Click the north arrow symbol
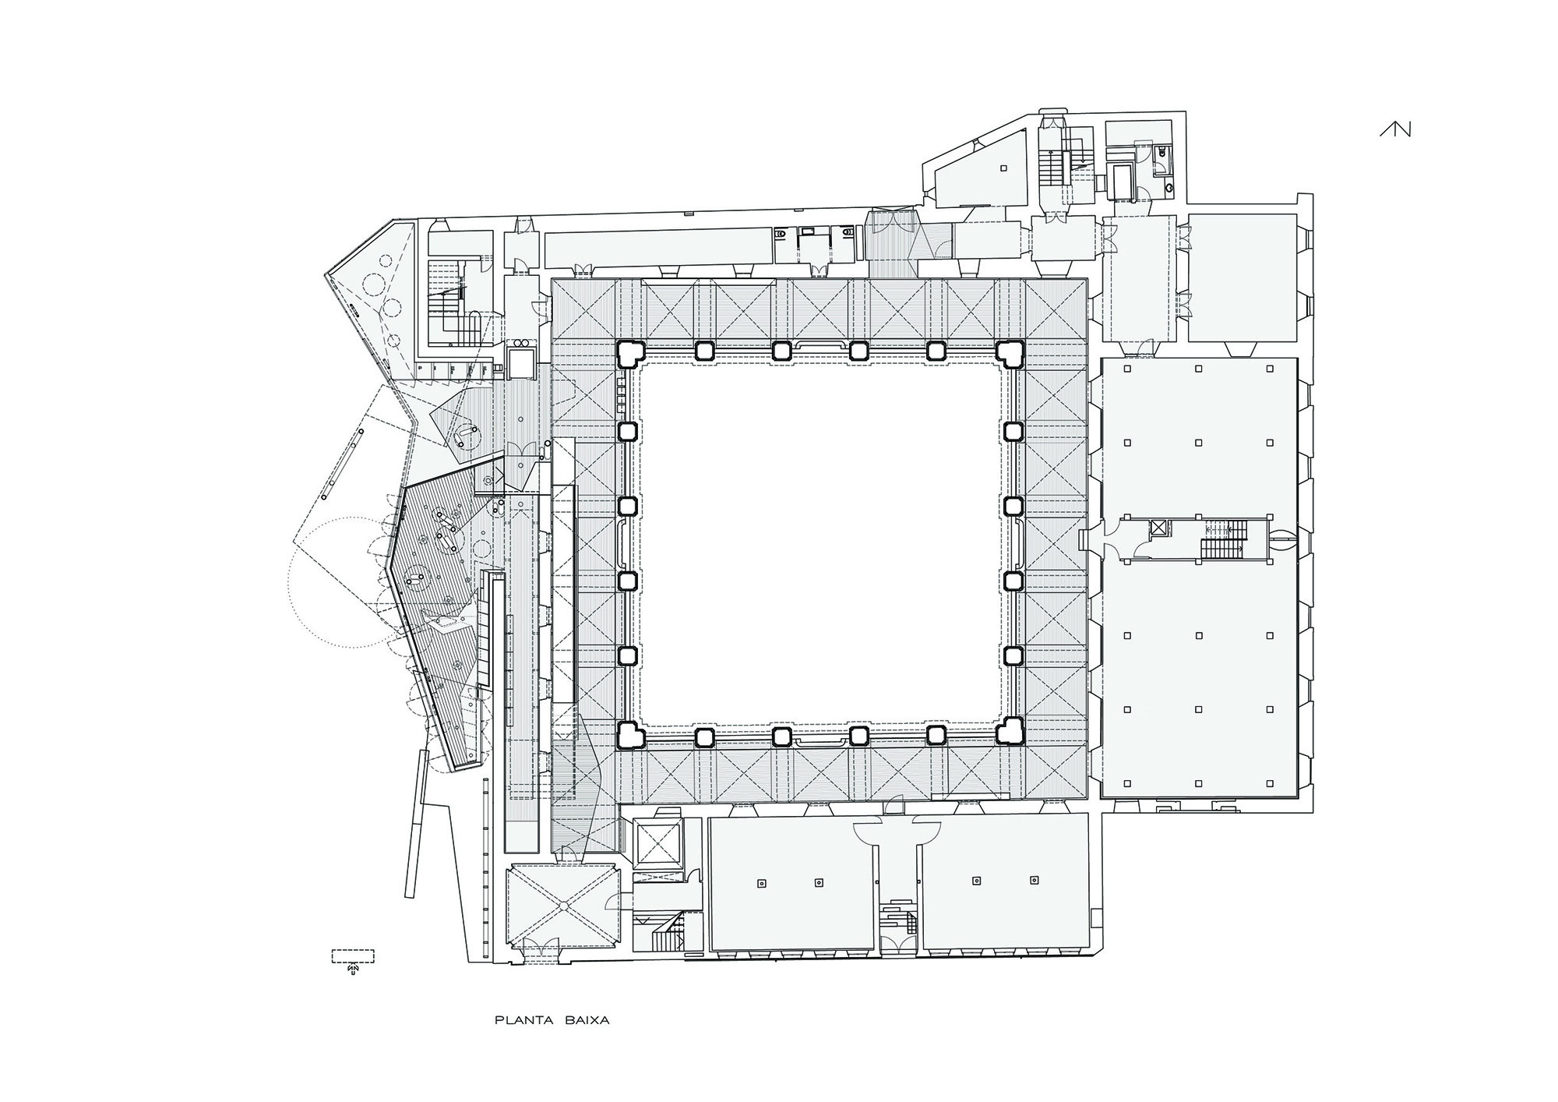click(x=1395, y=129)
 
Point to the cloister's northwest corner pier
click(x=629, y=354)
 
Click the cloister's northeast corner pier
click(x=1010, y=354)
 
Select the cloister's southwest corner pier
click(x=629, y=733)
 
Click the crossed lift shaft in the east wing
click(x=1159, y=528)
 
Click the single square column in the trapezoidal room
click(x=1004, y=168)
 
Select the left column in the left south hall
click(x=761, y=883)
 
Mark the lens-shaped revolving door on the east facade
click(x=1281, y=535)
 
